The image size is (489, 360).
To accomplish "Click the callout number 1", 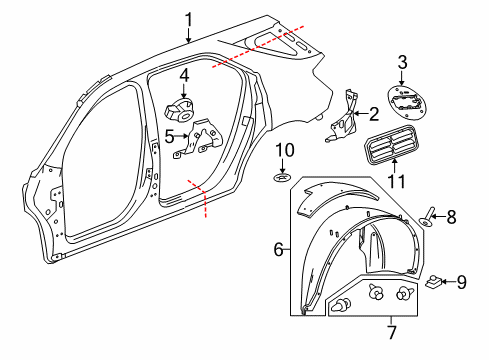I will [x=188, y=17].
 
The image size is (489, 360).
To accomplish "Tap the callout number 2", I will [x=373, y=114].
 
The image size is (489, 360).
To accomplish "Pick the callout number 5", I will [x=170, y=135].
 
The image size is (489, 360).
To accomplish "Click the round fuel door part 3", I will [x=409, y=103].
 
